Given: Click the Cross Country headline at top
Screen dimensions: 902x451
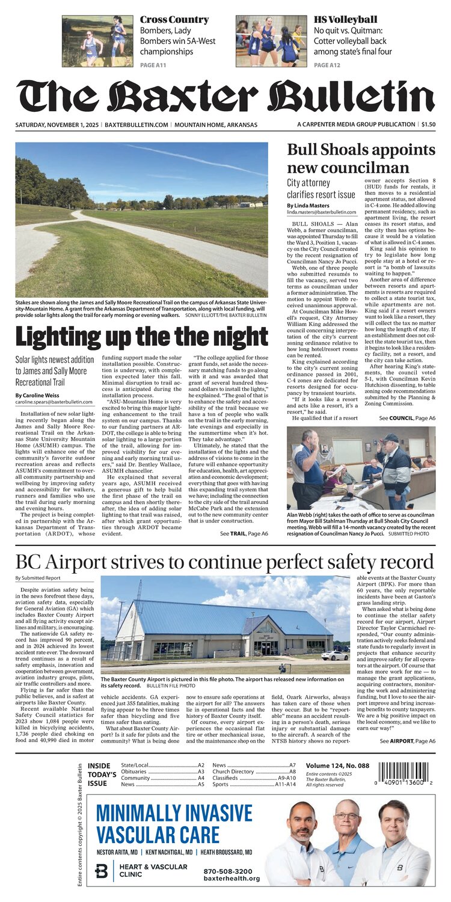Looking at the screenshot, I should pyautogui.click(x=174, y=20).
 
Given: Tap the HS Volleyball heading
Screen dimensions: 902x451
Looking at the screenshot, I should pyautogui.click(x=346, y=20).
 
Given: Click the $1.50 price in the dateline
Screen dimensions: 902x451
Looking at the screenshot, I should pyautogui.click(x=428, y=124).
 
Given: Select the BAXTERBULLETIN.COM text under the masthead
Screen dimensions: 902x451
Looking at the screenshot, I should pyautogui.click(x=137, y=125).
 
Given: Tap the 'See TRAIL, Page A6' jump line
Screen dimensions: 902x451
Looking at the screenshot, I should pyautogui.click(x=244, y=533).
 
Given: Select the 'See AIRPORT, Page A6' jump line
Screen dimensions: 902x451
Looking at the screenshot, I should pyautogui.click(x=408, y=741).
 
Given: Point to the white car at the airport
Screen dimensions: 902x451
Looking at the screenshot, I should pyautogui.click(x=335, y=655).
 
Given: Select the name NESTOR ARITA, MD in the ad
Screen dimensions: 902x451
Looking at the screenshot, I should pyautogui.click(x=118, y=852).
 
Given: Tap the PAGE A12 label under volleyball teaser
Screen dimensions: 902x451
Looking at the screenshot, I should pyautogui.click(x=327, y=65).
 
